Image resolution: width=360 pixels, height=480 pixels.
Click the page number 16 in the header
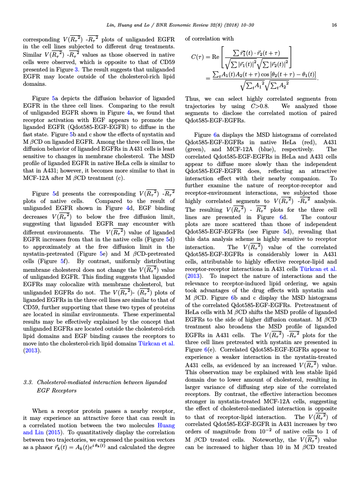point(334,25)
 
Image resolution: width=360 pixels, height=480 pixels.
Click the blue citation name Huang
point(166,420)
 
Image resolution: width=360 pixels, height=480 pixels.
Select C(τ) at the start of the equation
point(200,56)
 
